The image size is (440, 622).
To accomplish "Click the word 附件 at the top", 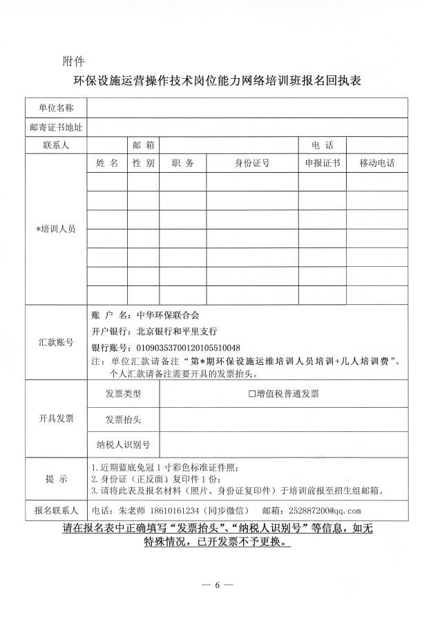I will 73,60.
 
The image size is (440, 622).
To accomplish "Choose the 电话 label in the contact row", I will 322,146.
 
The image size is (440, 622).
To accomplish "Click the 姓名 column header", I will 107,164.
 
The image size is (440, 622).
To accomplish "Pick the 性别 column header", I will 143,164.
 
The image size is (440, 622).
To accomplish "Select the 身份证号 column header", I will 252,164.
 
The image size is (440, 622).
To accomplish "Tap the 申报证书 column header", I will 322,164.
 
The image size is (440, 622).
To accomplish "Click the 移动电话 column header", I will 376,164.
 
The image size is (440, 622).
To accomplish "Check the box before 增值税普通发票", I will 252,394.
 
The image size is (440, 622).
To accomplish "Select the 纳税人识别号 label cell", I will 124,444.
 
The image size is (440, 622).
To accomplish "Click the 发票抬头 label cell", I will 124,420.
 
